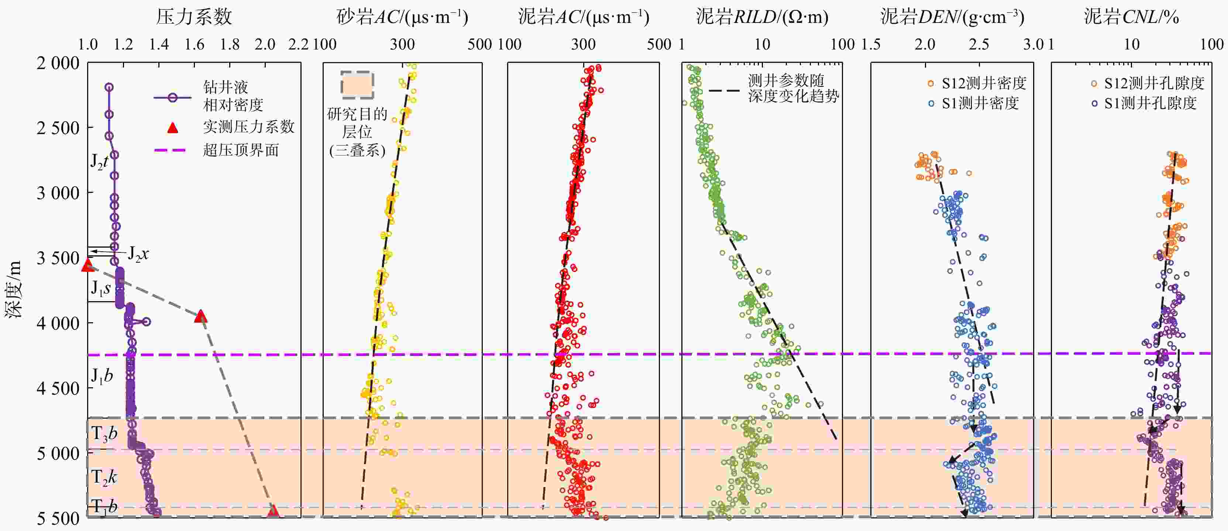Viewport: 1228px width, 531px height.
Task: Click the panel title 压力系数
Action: tap(194, 17)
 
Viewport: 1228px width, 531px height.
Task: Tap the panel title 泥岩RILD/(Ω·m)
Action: tap(762, 17)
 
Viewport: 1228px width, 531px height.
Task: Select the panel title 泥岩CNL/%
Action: tap(1131, 17)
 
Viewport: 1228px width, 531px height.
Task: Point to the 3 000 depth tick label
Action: tap(58, 193)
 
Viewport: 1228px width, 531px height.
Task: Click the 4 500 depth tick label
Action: tap(58, 388)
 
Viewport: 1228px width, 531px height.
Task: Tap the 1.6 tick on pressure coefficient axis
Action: tap(194, 44)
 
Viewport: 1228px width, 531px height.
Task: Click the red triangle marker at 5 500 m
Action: tap(273, 511)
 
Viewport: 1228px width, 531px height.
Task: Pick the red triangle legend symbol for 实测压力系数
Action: tap(173, 127)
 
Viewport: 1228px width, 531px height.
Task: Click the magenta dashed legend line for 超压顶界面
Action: tap(170, 150)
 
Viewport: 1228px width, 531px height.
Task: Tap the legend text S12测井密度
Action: tap(983, 84)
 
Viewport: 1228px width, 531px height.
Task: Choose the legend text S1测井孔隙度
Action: tap(1150, 103)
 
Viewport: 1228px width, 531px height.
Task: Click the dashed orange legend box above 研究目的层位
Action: tap(357, 85)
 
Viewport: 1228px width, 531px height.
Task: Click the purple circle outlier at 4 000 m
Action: tap(147, 322)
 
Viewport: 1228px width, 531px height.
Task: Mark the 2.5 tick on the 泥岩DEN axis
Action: tap(979, 44)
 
